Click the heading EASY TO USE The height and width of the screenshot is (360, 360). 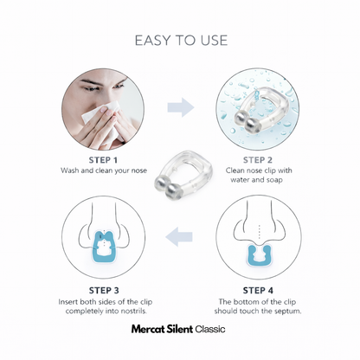pyautogui.click(x=181, y=40)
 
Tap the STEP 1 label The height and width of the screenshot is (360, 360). pyautogui.click(x=103, y=160)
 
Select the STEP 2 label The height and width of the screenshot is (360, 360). pyautogui.click(x=258, y=160)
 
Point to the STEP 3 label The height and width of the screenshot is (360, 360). pyautogui.click(x=104, y=290)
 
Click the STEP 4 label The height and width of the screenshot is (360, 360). pyautogui.click(x=258, y=290)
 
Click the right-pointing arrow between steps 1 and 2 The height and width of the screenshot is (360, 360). pyautogui.click(x=181, y=107)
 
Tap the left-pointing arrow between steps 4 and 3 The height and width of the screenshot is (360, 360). pyautogui.click(x=179, y=237)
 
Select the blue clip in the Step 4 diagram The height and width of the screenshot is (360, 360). pyautogui.click(x=259, y=254)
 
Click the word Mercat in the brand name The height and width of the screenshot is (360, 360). pyautogui.click(x=148, y=329)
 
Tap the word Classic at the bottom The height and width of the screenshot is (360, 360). pyautogui.click(x=210, y=329)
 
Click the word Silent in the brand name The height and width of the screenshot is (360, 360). pyautogui.click(x=179, y=329)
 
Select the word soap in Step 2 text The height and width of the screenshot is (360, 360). pyautogui.click(x=274, y=180)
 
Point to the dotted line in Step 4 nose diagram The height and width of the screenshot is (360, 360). pyautogui.click(x=260, y=232)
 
